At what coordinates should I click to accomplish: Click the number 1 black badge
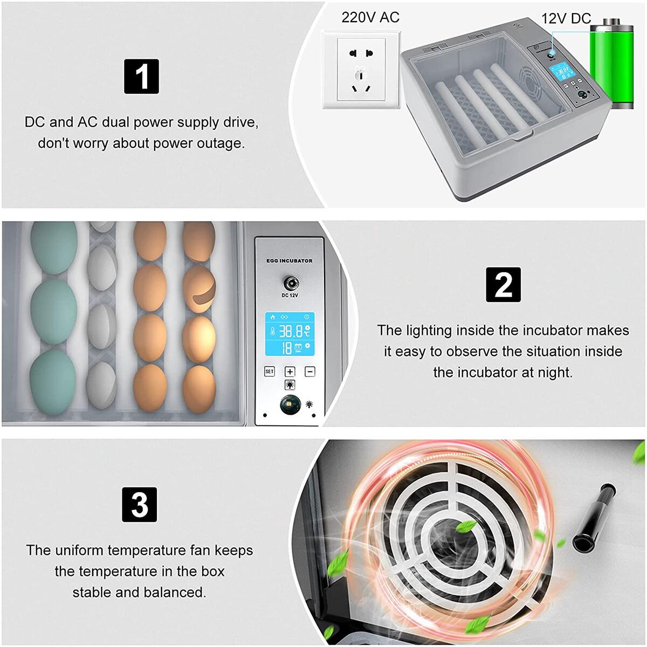click(141, 77)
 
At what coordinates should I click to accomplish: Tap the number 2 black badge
click(503, 284)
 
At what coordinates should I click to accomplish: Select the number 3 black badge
click(140, 504)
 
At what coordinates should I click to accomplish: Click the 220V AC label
click(370, 17)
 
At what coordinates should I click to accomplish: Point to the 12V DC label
click(566, 18)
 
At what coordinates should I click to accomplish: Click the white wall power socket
click(361, 70)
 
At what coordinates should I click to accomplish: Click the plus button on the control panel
click(290, 371)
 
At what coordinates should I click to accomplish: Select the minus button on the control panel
click(310, 371)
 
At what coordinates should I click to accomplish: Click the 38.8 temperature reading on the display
click(290, 331)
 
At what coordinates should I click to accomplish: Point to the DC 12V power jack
click(290, 283)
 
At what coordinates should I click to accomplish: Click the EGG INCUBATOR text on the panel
click(290, 261)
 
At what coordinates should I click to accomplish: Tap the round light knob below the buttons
click(290, 405)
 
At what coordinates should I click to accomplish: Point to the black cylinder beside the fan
click(593, 518)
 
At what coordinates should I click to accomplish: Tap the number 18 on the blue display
click(286, 348)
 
